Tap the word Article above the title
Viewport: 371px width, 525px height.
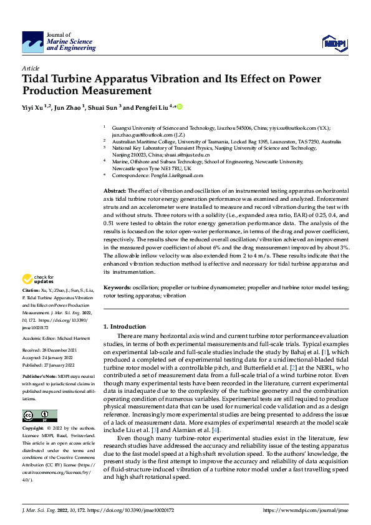tap(30, 67)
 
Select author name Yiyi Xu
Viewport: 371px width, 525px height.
tap(33, 107)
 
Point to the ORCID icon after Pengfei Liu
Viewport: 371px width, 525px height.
tap(180, 107)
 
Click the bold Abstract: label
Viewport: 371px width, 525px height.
tap(115, 190)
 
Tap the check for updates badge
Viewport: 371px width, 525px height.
tap(38, 279)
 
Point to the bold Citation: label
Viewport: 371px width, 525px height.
tap(31, 291)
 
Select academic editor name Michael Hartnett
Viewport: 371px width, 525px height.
tap(72, 337)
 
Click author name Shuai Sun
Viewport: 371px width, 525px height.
tap(104, 107)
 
